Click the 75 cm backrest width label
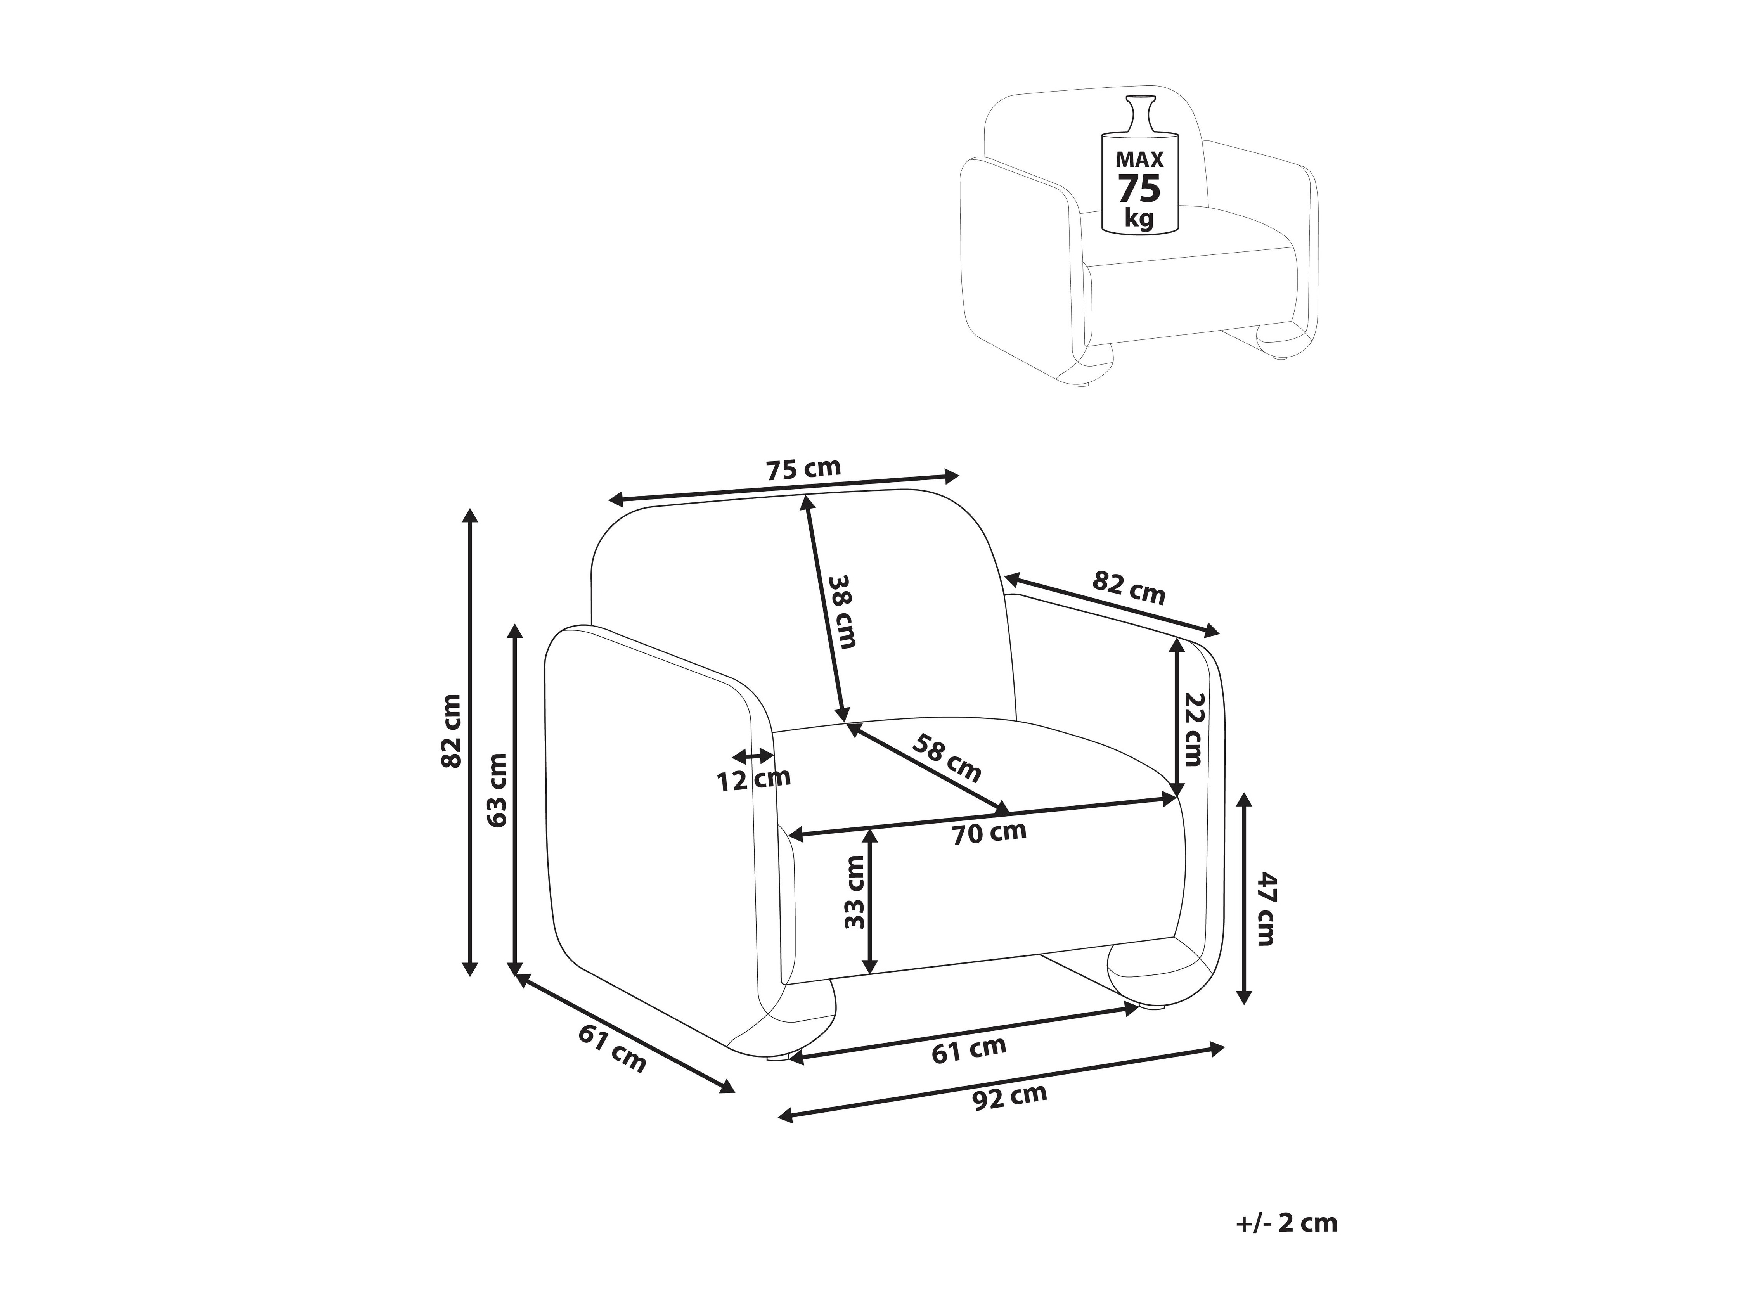point(803,469)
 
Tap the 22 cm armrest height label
point(1194,729)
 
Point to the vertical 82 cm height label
point(452,731)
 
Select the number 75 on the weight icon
point(1139,190)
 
